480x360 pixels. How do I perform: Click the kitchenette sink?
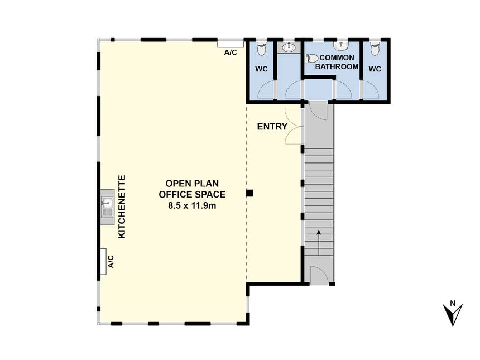(107, 207)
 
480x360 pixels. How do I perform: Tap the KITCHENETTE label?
(122, 207)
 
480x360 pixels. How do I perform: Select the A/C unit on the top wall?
(231, 44)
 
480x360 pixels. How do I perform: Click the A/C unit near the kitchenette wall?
(103, 261)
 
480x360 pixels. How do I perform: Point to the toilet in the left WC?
(261, 49)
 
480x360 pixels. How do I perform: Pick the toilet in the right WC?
(375, 49)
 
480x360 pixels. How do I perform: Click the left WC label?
(261, 69)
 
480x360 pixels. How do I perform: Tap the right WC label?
(375, 69)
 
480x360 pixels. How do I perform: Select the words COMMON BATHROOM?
(337, 62)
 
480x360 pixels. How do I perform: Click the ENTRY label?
(272, 127)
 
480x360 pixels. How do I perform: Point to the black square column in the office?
(250, 193)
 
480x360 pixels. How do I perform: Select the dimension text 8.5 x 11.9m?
(192, 206)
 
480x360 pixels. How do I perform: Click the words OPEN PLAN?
(192, 184)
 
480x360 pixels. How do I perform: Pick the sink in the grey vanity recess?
(289, 47)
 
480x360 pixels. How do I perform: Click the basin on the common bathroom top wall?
(340, 45)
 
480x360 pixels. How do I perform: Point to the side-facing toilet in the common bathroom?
(312, 58)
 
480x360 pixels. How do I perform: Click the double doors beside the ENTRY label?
(293, 127)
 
